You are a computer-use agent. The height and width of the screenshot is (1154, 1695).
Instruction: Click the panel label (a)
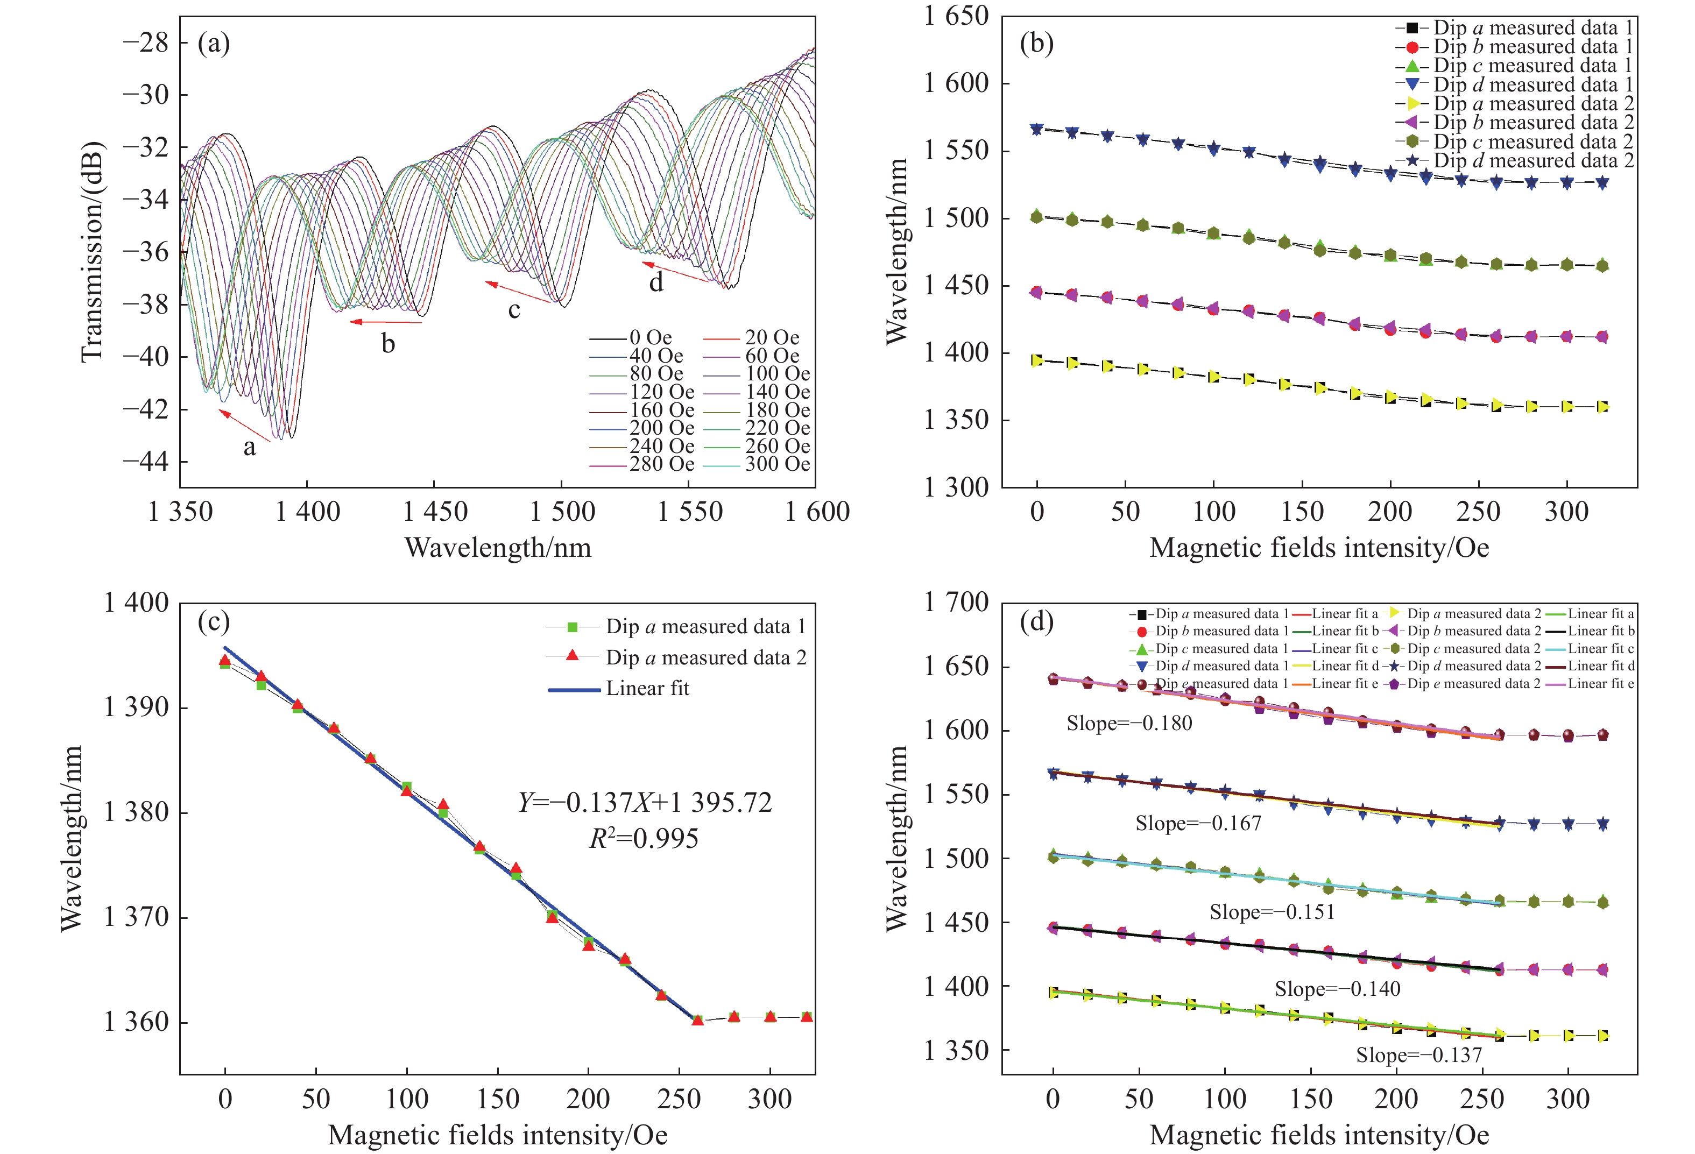coord(214,44)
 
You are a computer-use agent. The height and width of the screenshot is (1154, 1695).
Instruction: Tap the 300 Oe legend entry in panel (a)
coord(777,464)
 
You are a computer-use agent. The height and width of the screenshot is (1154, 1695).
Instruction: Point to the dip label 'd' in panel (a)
coord(656,281)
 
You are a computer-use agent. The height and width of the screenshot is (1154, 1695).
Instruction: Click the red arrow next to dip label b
coord(386,322)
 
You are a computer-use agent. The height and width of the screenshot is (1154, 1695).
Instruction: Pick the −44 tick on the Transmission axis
coord(145,462)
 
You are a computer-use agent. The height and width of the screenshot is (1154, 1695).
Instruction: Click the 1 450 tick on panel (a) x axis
coord(435,512)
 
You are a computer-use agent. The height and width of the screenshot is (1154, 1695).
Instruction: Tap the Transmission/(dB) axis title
coord(93,251)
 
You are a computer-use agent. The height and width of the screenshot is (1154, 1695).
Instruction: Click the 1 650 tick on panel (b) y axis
coord(956,16)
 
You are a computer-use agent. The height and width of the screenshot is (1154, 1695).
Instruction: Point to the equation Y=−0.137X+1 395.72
coord(645,803)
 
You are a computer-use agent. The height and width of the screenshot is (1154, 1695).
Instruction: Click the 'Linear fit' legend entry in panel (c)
coord(647,688)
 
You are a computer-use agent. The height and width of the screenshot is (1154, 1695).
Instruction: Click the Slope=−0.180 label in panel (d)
coord(1129,723)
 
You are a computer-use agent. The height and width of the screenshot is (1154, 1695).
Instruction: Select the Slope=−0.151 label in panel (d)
coord(1272,912)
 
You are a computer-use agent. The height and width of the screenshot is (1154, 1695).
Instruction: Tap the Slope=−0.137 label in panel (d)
coord(1418,1055)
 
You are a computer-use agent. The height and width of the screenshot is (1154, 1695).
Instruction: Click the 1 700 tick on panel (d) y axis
coord(956,602)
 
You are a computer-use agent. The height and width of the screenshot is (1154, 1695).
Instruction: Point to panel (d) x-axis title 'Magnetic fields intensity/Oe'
coord(1319,1134)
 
